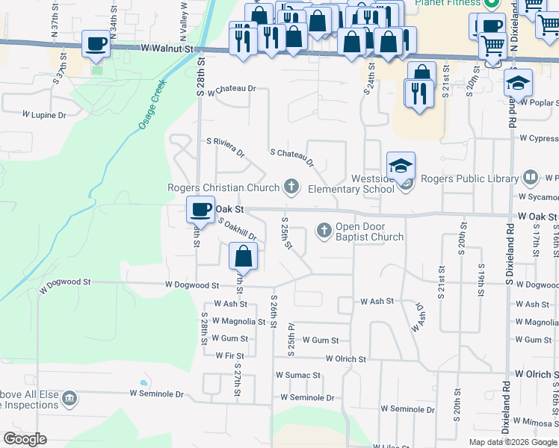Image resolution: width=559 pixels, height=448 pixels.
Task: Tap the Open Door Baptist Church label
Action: [x=369, y=232]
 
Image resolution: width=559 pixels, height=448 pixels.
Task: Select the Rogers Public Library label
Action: [x=469, y=178]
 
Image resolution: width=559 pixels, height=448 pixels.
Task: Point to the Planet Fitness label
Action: [x=447, y=3]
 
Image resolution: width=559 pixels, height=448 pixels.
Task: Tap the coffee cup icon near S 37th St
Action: [x=96, y=44]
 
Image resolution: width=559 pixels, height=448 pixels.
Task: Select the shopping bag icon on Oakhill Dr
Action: [x=244, y=257]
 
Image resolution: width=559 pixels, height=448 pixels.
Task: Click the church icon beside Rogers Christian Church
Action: [x=291, y=187]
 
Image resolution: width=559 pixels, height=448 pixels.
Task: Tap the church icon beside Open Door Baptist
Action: [x=324, y=229]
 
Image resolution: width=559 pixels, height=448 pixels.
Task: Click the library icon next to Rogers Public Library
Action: [x=530, y=178]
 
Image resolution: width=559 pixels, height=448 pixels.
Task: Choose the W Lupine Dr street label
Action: [x=44, y=115]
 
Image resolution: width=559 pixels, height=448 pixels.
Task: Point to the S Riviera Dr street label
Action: [x=226, y=147]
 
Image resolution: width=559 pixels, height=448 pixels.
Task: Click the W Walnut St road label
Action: [x=172, y=48]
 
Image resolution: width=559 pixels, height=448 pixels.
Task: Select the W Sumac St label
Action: [x=297, y=376]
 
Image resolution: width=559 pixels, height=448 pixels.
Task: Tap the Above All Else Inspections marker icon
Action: [x=70, y=398]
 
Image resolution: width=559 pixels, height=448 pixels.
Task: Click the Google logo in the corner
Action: [x=25, y=439]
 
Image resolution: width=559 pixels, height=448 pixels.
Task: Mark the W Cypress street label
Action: [x=538, y=138]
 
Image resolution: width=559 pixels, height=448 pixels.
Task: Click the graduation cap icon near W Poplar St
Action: [x=518, y=82]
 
